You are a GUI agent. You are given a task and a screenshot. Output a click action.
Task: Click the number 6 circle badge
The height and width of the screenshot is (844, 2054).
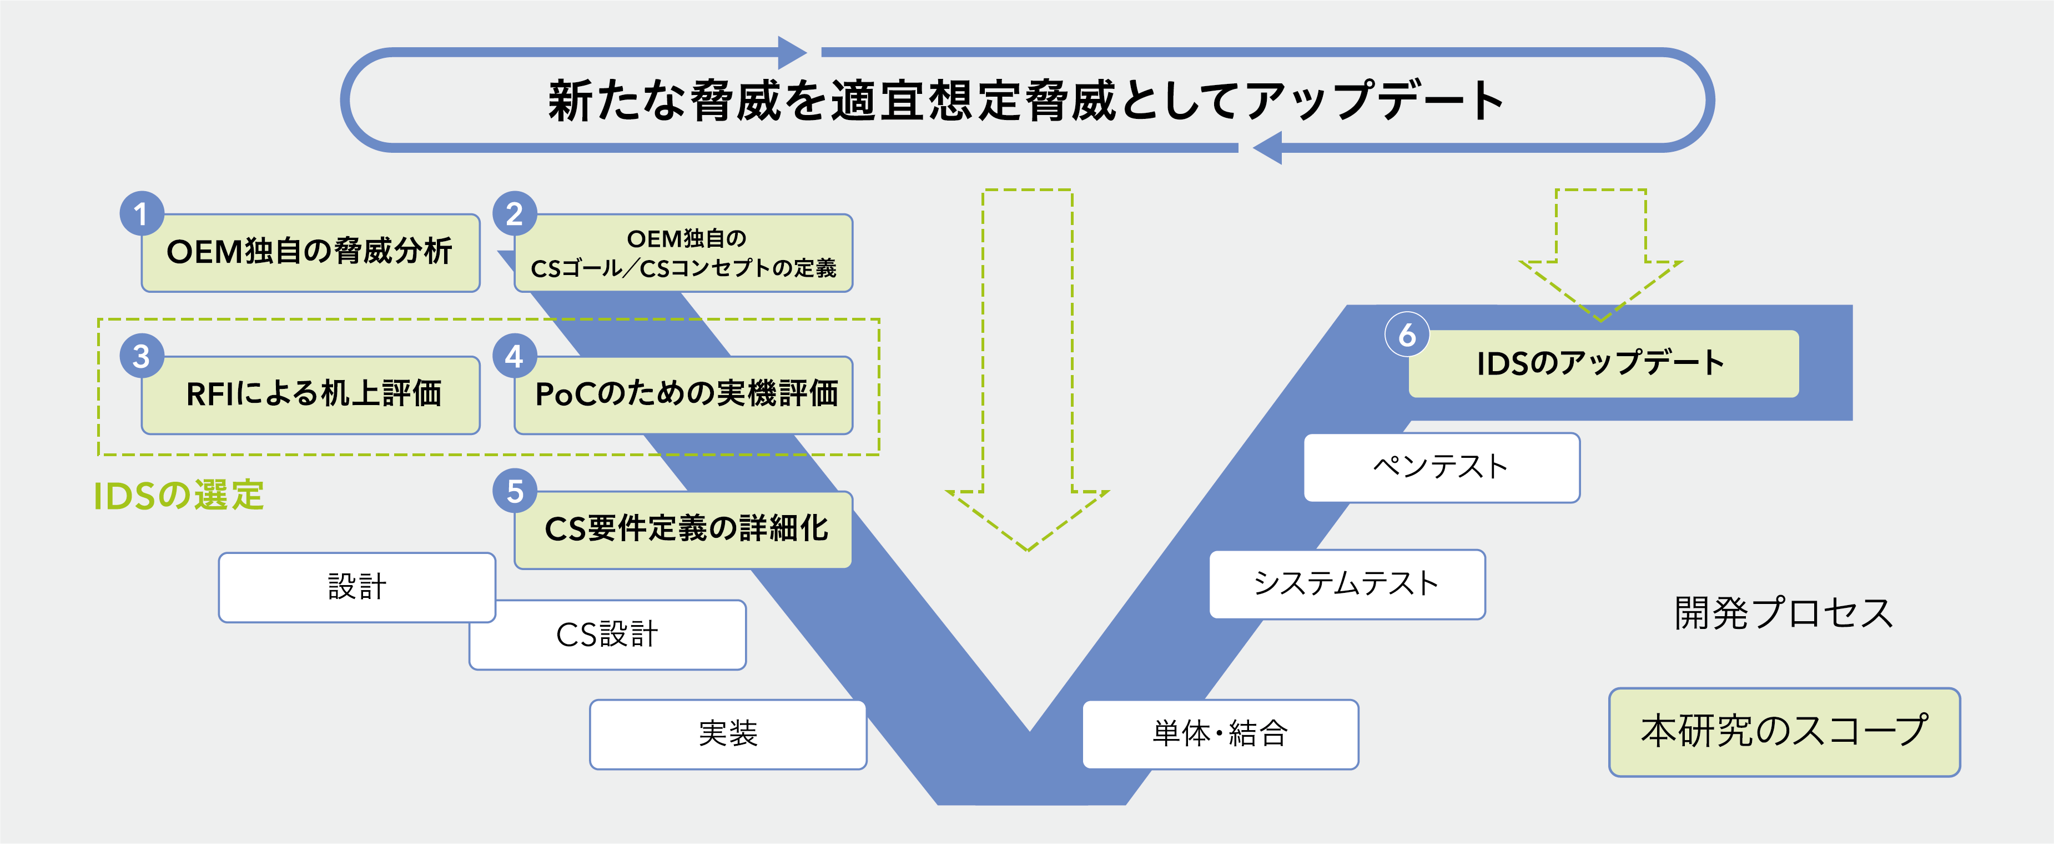point(1407,335)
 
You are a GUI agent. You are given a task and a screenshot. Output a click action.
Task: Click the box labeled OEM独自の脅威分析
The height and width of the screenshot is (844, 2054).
point(310,253)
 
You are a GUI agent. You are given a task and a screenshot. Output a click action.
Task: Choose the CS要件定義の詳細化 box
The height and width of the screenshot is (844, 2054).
point(684,529)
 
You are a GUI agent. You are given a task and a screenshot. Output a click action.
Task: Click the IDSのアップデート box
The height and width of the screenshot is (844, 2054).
point(1603,364)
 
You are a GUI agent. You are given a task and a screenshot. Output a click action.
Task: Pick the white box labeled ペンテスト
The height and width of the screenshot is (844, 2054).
point(1442,467)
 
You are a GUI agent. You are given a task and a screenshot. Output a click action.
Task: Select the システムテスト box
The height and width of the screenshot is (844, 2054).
point(1347,584)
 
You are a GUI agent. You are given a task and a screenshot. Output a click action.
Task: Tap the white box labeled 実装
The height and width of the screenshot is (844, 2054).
point(728,734)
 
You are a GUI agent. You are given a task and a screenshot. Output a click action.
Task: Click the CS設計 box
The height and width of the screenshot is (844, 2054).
point(607,635)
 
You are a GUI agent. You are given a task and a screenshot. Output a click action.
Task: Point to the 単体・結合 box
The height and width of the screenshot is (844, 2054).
point(1220,734)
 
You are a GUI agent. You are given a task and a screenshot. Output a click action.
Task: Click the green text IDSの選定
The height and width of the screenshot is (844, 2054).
point(179,496)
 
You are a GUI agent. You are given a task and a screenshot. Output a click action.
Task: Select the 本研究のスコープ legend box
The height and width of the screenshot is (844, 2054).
point(1784,732)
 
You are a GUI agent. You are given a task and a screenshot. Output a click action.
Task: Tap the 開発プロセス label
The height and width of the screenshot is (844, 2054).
point(1783,613)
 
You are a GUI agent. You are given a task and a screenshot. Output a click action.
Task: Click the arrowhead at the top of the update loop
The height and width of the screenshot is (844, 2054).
point(792,53)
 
